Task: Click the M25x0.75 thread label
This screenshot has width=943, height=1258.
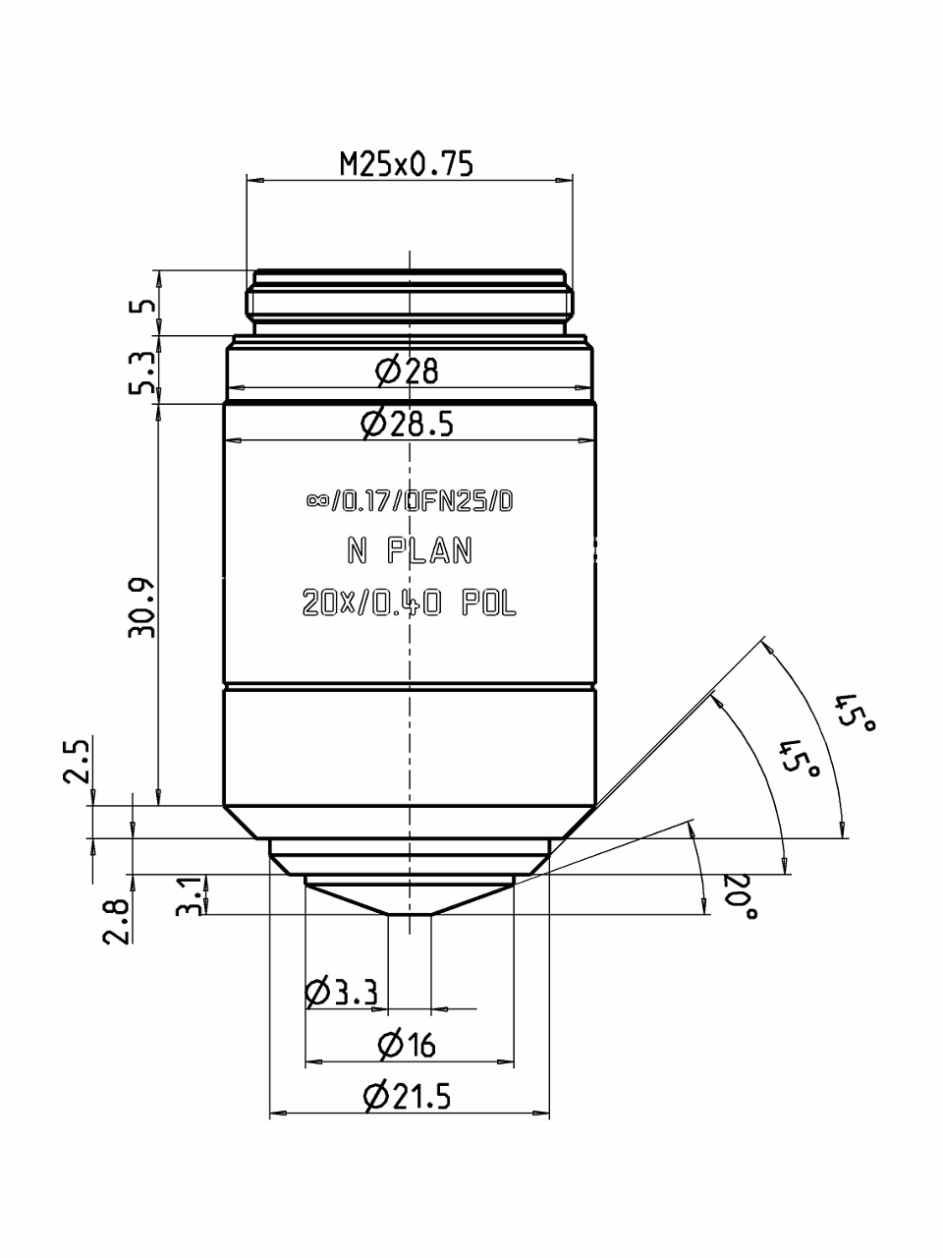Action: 407,164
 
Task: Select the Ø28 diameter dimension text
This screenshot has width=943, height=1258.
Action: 407,371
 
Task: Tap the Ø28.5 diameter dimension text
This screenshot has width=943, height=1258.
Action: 407,425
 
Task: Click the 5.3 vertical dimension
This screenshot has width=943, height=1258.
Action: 141,372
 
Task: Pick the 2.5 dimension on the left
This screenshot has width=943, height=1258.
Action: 77,762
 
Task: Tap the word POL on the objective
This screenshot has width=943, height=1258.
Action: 489,603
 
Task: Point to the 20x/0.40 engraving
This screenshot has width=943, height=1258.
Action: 372,603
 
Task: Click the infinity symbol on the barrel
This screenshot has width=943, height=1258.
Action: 316,501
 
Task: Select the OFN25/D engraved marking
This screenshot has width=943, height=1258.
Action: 459,502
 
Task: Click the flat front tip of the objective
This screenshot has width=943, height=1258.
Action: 410,915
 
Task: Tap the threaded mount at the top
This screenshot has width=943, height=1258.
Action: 410,302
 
